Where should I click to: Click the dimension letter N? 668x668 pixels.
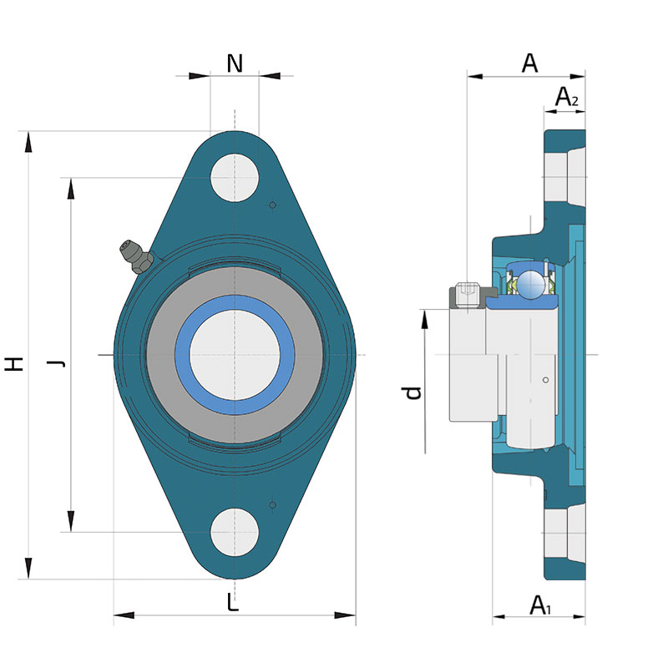coord(235,63)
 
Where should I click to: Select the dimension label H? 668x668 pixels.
coord(14,364)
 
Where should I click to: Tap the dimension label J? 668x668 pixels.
coord(56,363)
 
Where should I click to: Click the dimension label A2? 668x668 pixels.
coord(566,97)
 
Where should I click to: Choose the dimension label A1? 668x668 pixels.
coord(540,605)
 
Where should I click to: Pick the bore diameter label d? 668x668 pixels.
coord(412,392)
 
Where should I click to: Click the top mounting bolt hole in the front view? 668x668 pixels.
coord(235,178)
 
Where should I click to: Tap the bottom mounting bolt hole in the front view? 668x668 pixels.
coord(235,532)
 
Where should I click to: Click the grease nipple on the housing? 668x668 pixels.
coord(135,256)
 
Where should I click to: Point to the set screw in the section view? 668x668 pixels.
coord(468,294)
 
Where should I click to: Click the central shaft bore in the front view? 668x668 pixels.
coord(235,355)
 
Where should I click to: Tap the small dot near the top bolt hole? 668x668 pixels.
coord(273,205)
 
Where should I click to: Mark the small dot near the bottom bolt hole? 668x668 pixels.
coord(273,505)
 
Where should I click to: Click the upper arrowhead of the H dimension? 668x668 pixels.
coord(28,141)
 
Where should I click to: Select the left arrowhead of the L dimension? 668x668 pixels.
coord(124,615)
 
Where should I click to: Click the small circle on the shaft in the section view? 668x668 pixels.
coord(545,380)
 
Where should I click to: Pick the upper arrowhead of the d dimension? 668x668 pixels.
coord(425,319)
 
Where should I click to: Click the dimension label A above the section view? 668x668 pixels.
coord(529,63)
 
